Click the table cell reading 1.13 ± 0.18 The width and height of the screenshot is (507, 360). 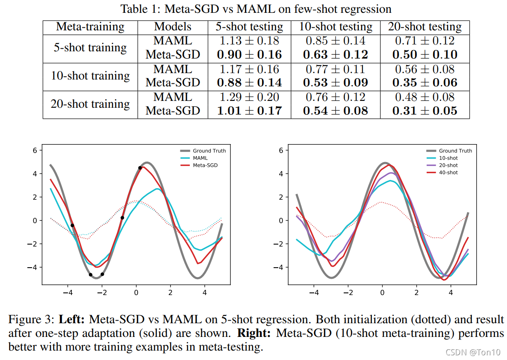coord(250,41)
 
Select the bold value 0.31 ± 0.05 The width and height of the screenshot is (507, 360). coord(424,111)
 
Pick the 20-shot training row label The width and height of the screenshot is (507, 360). coord(90,104)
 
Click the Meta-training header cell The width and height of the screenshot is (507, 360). coord(90,27)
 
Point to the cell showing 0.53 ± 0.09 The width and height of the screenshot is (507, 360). coord(335,83)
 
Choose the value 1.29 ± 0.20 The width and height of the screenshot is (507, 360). coord(250,97)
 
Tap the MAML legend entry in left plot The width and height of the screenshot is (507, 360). coord(200,158)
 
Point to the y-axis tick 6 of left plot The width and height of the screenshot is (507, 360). coord(36,150)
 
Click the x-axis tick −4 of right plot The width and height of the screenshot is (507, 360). coord(314,293)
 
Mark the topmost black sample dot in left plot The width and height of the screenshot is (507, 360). coord(140,168)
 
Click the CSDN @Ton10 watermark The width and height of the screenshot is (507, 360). coord(472,352)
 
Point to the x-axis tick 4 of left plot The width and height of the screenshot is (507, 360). coord(204,293)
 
